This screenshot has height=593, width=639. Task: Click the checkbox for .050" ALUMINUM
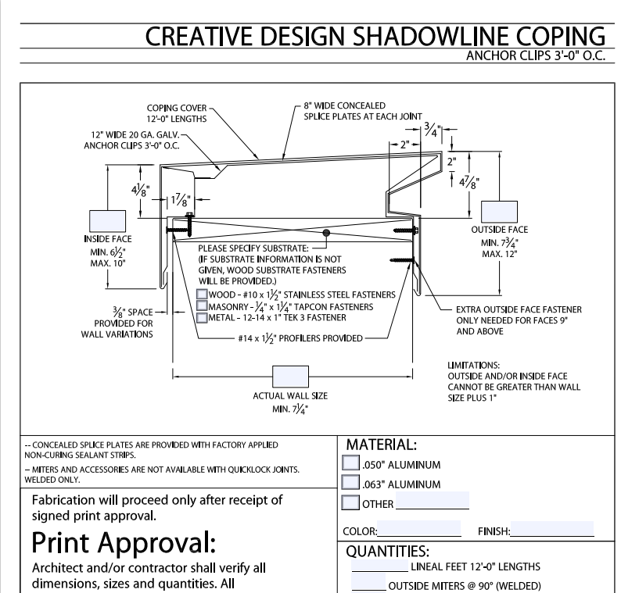(x=352, y=465)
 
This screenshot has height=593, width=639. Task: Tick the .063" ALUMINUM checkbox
(x=352, y=484)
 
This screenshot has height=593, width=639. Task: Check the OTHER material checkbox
(x=352, y=502)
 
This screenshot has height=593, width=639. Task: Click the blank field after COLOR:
(x=418, y=529)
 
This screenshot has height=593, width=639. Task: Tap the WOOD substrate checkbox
(x=202, y=294)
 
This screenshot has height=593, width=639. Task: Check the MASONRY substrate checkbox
(x=202, y=305)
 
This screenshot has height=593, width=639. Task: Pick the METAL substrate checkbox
(x=202, y=316)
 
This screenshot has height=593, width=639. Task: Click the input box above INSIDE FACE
(x=107, y=220)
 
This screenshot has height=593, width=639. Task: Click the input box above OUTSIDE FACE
(x=499, y=212)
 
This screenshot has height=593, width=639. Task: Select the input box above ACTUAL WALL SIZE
(x=289, y=377)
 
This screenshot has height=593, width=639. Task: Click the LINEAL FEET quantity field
(x=379, y=565)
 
